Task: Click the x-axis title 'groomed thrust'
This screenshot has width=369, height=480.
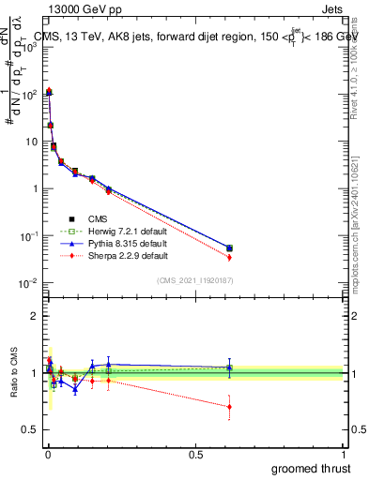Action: coord(313,468)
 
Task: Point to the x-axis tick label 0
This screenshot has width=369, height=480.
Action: coord(47,453)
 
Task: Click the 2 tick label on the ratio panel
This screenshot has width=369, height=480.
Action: coord(35,316)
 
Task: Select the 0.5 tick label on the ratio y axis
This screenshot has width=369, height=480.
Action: coord(31,430)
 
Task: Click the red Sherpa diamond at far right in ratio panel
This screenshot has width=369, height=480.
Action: coord(229,406)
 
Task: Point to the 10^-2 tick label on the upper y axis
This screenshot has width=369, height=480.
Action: coord(28,283)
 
